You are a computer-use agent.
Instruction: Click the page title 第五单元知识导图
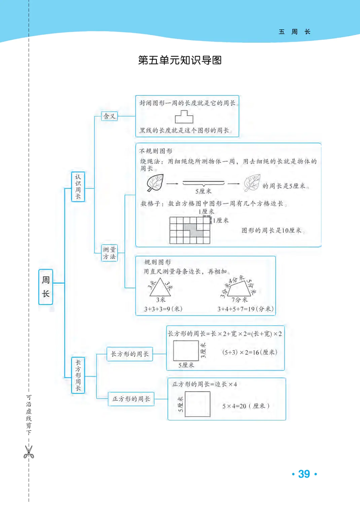pyautogui.click(x=180, y=60)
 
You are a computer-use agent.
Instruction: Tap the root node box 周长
pyautogui.click(x=46, y=287)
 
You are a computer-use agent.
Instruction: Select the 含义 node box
pyautogui.click(x=109, y=116)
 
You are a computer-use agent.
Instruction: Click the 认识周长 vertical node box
pyautogui.click(x=78, y=187)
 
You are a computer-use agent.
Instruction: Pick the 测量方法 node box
pyautogui.click(x=109, y=253)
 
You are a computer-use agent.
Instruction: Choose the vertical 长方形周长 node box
pyautogui.click(x=78, y=375)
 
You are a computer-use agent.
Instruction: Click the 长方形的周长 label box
pyautogui.click(x=130, y=354)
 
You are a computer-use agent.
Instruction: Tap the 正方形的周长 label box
pyautogui.click(x=131, y=399)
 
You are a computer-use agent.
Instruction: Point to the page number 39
pyautogui.click(x=304, y=474)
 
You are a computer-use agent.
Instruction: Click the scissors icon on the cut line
pyautogui.click(x=29, y=452)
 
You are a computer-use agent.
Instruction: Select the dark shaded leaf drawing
pyautogui.click(x=155, y=183)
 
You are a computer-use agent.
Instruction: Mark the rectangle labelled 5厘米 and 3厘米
pyautogui.click(x=186, y=351)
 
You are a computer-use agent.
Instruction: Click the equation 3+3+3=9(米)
pyautogui.click(x=163, y=309)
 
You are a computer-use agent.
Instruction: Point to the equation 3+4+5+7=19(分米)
pyautogui.click(x=245, y=309)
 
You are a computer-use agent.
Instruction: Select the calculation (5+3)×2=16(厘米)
pyautogui.click(x=250, y=352)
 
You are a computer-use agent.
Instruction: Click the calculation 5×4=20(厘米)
pyautogui.click(x=246, y=406)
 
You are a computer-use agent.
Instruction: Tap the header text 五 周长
pyautogui.click(x=294, y=32)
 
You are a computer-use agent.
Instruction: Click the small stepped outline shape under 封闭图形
pyautogui.click(x=184, y=117)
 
